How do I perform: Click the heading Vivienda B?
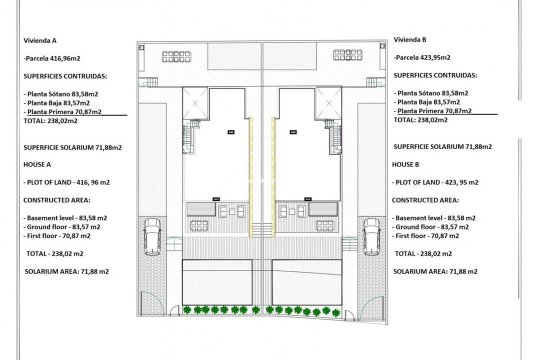[x=409, y=39]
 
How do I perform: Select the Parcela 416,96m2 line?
[x=52, y=58]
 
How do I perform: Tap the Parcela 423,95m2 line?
[x=422, y=57]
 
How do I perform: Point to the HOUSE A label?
[x=37, y=164]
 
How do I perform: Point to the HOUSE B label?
[x=406, y=164]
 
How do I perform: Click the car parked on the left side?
[x=152, y=236]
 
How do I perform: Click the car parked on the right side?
[x=371, y=236]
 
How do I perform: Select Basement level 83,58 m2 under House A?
[x=65, y=218]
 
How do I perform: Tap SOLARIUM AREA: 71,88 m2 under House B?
[x=435, y=271]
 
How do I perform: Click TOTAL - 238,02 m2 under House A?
[x=54, y=253]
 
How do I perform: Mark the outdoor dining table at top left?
[x=176, y=55]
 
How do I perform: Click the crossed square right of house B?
[x=329, y=103]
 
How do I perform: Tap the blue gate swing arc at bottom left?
[x=152, y=303]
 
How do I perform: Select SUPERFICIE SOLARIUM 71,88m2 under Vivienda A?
[x=72, y=147]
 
